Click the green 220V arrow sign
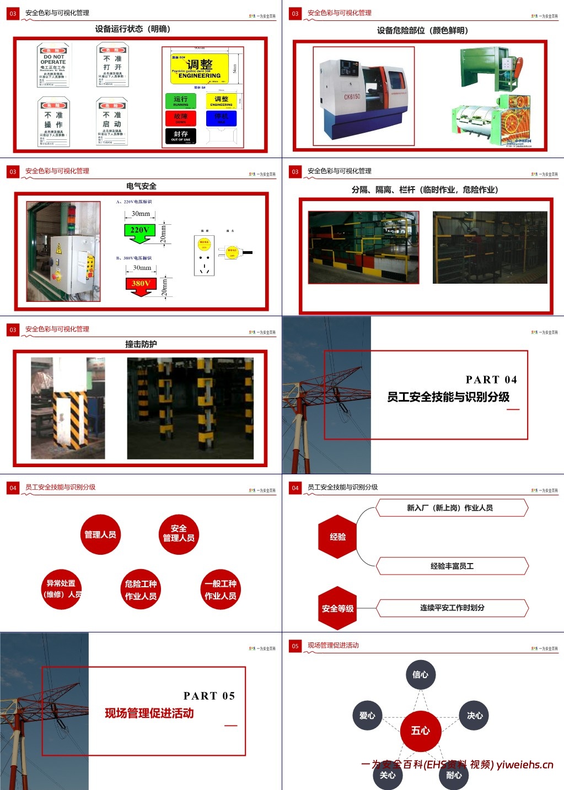click(x=140, y=232)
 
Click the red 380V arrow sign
click(x=141, y=285)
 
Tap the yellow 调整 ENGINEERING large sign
click(x=199, y=69)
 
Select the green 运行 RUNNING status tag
click(x=180, y=101)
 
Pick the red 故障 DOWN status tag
click(x=180, y=118)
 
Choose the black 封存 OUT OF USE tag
click(x=180, y=136)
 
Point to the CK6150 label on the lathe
click(x=352, y=97)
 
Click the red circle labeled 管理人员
click(x=100, y=534)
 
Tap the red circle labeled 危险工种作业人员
click(x=141, y=589)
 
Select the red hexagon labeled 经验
click(x=337, y=537)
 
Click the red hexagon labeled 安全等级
click(x=337, y=608)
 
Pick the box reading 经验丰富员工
click(x=452, y=566)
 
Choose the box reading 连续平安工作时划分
click(x=452, y=608)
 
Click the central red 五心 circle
click(x=420, y=731)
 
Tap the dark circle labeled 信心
click(x=420, y=674)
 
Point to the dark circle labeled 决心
click(x=474, y=716)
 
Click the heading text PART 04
click(x=491, y=380)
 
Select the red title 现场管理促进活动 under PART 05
click(x=149, y=713)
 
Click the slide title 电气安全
click(x=141, y=186)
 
